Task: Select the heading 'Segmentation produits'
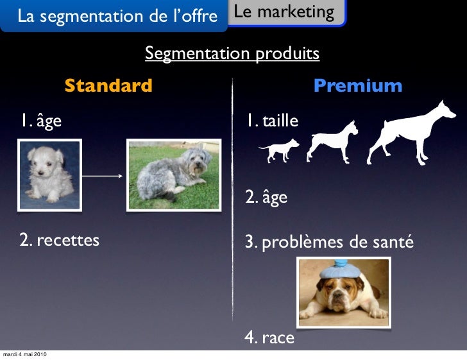pyautogui.click(x=232, y=53)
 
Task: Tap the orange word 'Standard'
pyautogui.click(x=108, y=85)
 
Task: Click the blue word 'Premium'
pyautogui.click(x=357, y=85)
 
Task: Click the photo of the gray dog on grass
pyautogui.click(x=174, y=175)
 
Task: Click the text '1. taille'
pyautogui.click(x=270, y=120)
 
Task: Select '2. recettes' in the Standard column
pyautogui.click(x=59, y=241)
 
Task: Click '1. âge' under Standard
pyautogui.click(x=40, y=120)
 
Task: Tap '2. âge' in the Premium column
pyautogui.click(x=266, y=197)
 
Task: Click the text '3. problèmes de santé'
pyautogui.click(x=329, y=243)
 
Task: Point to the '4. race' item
pyautogui.click(x=269, y=337)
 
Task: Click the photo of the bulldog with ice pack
pyautogui.click(x=344, y=292)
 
